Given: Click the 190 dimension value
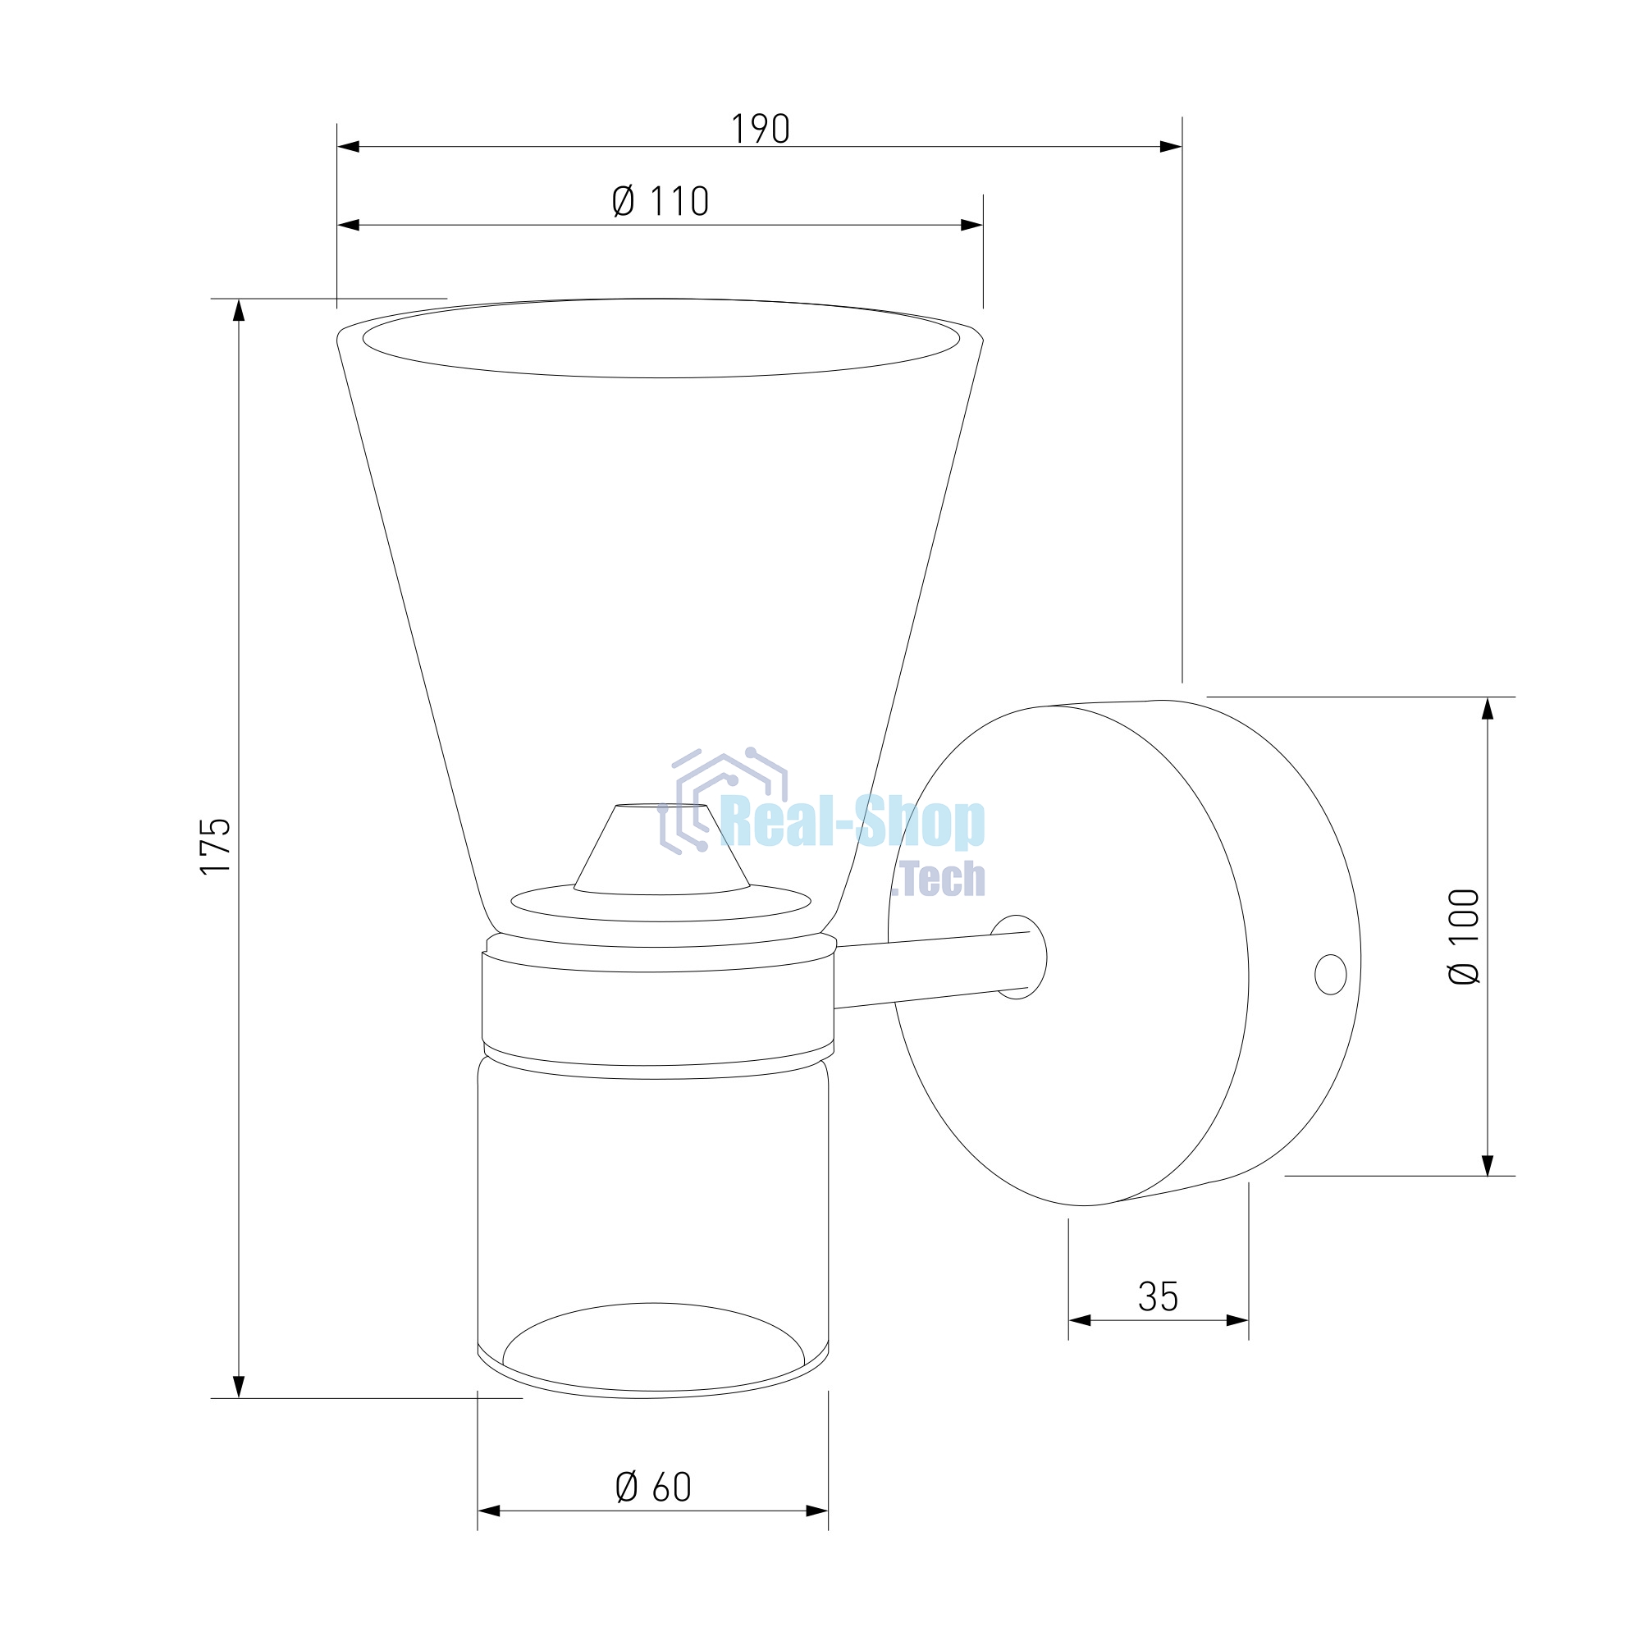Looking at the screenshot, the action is pos(761,129).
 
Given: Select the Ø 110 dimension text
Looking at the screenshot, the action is pos(660,201).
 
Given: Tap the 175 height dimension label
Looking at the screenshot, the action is pos(216,846).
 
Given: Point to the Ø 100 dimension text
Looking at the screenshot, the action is pos(1464,937).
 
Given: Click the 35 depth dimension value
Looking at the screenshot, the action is pos(1158,1296).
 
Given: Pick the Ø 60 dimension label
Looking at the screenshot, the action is pos(653,1487).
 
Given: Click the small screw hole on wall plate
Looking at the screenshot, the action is pos(1330,974).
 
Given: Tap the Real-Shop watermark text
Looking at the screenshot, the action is pos(852,821).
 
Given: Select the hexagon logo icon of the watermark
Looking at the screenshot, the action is pos(723,800).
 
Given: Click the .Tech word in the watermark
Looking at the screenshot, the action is pos(942,878).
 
